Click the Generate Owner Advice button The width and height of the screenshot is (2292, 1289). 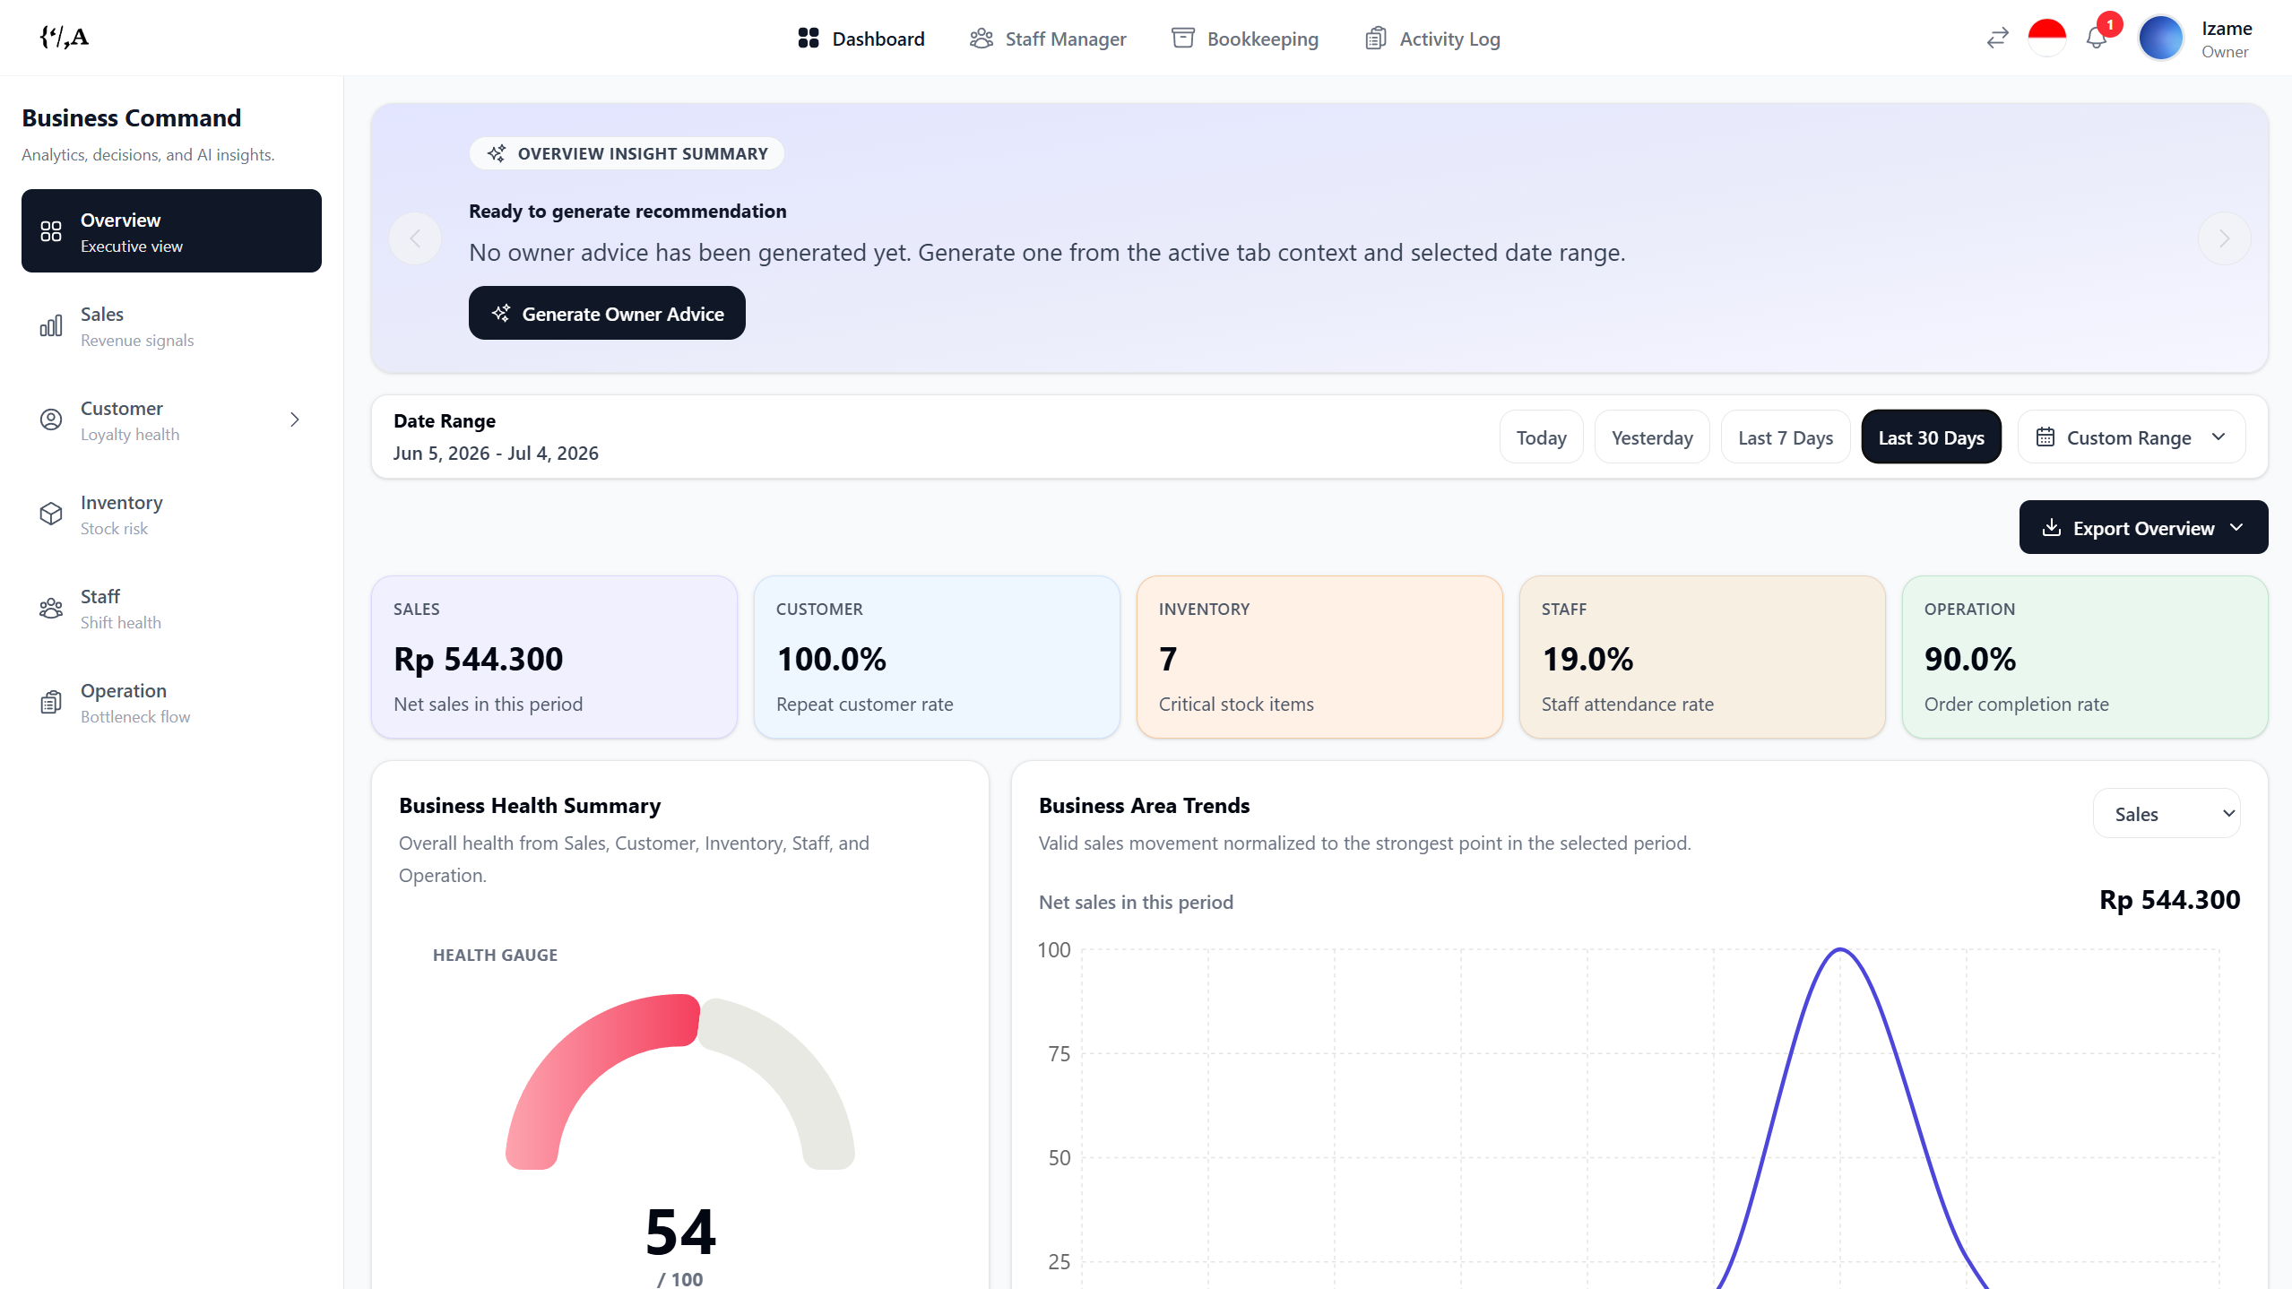[607, 313]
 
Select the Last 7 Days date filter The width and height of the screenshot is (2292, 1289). [1786, 437]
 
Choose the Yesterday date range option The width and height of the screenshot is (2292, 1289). [1652, 437]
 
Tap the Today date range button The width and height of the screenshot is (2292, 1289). [1542, 437]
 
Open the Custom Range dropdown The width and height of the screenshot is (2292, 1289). [2132, 437]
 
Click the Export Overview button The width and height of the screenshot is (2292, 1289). [2143, 528]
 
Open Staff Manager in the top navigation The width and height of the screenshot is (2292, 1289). [1048, 39]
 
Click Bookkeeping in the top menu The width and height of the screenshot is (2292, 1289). [1245, 39]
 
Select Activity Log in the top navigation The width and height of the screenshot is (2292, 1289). [1432, 39]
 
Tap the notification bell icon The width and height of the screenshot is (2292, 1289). [2096, 39]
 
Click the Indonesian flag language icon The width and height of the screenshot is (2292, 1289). [2047, 38]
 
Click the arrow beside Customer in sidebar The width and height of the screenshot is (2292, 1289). [295, 420]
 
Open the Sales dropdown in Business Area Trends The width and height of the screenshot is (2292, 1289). [2167, 814]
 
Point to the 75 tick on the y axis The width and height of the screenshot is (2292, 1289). [1060, 1054]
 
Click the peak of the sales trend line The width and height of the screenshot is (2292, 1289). [1840, 949]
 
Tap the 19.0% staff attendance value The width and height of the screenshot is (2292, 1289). [1587, 659]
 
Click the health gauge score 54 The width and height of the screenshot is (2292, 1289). [680, 1233]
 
